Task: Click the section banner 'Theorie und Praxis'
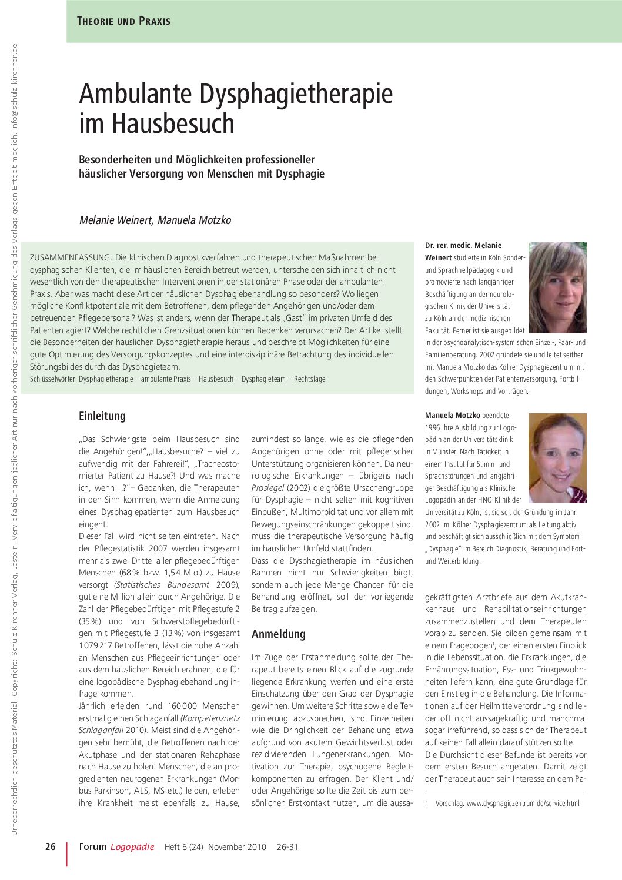123,21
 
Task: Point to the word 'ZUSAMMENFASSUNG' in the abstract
70,257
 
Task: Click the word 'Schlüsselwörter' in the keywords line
52,379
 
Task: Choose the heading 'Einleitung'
102,416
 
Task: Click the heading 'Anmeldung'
279,634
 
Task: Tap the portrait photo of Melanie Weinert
557,288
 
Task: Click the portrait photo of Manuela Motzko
557,458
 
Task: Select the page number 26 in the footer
51,847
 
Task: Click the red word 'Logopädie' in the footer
132,847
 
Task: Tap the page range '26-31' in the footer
287,847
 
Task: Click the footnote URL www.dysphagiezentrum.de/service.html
523,803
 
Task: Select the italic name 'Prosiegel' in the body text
267,488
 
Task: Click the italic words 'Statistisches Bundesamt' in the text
162,585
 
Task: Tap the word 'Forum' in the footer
93,847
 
